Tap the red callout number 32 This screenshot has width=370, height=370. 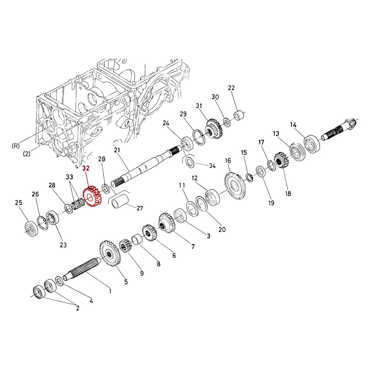[86, 168]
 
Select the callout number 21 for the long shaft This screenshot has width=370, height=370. [117, 150]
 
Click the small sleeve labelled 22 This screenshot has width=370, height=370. [239, 116]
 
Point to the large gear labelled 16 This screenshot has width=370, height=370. [235, 186]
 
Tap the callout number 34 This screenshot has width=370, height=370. [212, 166]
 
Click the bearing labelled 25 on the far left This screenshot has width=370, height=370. [31, 229]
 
